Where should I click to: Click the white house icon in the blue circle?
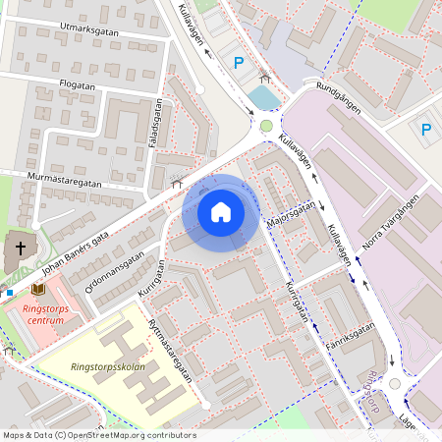pos(221,211)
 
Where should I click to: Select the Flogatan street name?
pos(78,85)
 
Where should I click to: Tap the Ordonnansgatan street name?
pos(115,270)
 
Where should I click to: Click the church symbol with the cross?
pos(17,248)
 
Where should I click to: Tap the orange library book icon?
pos(37,289)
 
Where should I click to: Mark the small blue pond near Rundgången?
pos(263,97)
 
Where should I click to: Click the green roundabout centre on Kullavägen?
pos(266,126)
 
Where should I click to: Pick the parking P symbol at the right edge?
pos(425,129)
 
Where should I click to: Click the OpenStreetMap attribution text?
pos(98,435)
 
